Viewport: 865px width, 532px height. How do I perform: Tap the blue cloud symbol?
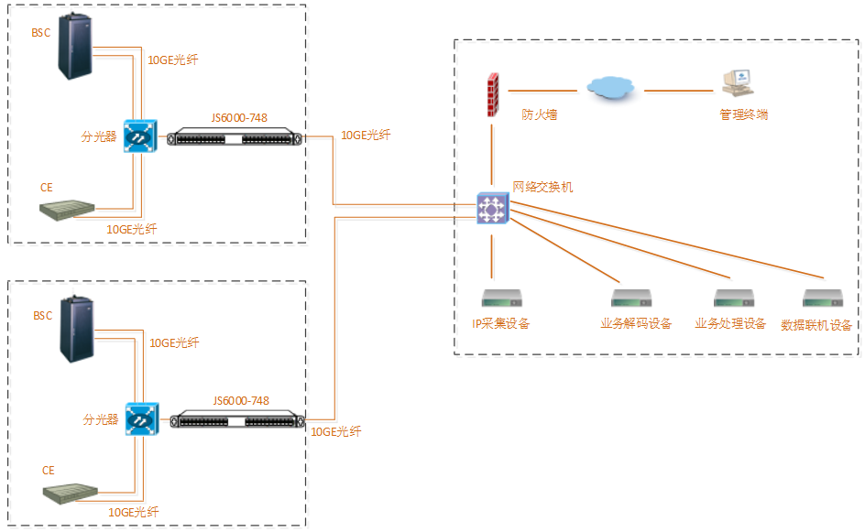609,88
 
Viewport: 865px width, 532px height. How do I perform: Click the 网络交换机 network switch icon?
492,209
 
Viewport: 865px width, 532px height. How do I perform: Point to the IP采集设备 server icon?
501,299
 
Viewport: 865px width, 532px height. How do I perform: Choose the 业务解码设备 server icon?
631,299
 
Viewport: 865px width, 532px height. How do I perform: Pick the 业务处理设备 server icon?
733,299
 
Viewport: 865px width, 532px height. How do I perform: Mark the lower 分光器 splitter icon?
141,420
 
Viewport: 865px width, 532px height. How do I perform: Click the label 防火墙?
540,115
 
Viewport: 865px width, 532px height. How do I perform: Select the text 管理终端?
743,115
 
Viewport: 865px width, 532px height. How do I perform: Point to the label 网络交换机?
543,187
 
